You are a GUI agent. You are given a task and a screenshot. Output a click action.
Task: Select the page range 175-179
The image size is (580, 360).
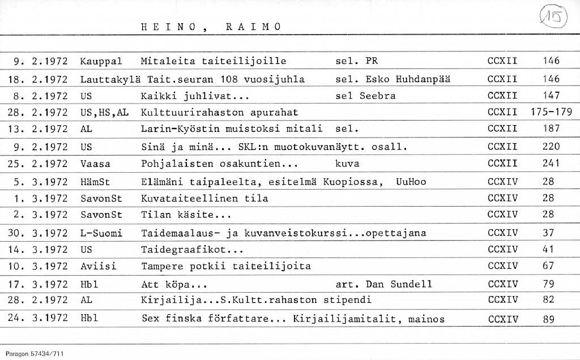552,112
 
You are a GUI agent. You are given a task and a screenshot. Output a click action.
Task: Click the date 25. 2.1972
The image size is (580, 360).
37,164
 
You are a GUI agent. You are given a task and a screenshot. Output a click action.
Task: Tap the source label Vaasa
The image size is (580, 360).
95,164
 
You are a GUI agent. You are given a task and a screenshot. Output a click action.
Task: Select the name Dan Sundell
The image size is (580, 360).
403,284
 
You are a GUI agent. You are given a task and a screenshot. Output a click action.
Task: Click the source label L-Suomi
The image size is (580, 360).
101,233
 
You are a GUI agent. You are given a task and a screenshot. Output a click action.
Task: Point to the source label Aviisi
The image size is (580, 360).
98,267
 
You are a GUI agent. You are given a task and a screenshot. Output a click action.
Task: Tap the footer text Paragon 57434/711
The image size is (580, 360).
35,353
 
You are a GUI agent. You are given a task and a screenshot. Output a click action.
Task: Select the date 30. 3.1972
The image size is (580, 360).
37,233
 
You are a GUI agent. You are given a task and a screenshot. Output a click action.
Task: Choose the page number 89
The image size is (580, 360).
548,319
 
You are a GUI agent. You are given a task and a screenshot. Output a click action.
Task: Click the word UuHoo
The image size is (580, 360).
411,182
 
